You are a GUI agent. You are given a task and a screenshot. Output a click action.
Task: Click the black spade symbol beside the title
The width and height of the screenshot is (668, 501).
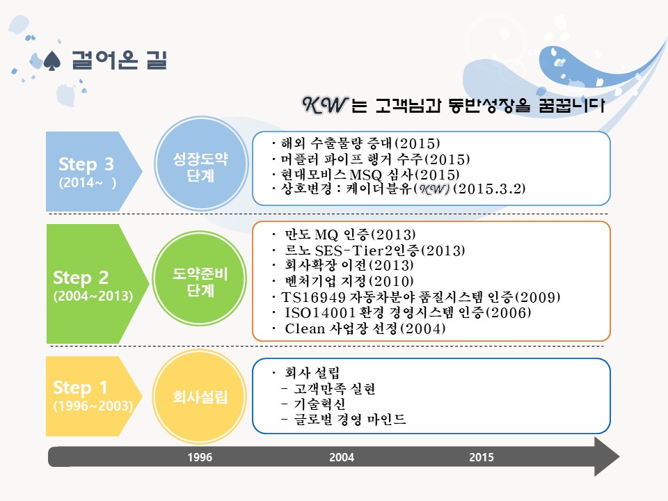[52, 61]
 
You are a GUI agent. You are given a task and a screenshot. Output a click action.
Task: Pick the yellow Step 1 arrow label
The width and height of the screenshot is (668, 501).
[92, 396]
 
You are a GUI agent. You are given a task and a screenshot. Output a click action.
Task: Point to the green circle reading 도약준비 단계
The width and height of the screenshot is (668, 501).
[200, 278]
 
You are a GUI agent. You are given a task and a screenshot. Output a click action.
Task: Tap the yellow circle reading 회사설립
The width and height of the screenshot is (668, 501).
[200, 397]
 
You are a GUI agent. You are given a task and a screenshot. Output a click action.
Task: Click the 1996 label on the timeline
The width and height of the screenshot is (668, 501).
[200, 457]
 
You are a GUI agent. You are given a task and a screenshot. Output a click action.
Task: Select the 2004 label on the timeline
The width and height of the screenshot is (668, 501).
[342, 457]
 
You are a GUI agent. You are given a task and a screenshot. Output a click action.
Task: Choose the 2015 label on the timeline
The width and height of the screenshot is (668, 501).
[482, 457]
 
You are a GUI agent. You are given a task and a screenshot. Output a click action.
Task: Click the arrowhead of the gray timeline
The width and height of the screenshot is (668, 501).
[607, 456]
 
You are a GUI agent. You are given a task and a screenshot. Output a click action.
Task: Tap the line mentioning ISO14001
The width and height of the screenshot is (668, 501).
[401, 312]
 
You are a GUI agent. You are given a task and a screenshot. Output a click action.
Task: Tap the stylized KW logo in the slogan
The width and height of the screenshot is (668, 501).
[325, 105]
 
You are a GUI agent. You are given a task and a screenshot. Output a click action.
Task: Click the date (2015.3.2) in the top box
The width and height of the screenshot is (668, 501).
[489, 189]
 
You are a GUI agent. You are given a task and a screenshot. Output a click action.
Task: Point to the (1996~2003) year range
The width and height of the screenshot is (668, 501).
[93, 406]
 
